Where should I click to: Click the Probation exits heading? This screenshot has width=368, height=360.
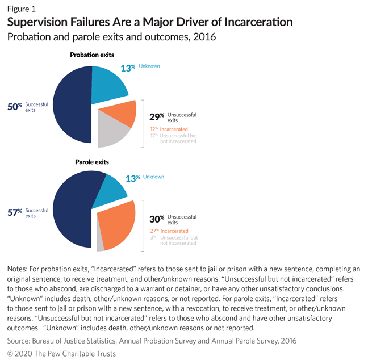pyautogui.click(x=92, y=55)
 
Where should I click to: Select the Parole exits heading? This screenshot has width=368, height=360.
pyautogui.click(x=92, y=162)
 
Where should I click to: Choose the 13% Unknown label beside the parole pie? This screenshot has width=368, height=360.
pyautogui.click(x=144, y=178)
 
